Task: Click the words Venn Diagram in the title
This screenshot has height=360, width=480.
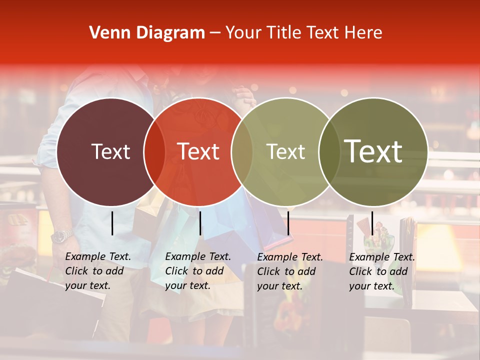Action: coord(147,33)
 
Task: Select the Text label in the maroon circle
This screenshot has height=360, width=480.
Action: coord(110,151)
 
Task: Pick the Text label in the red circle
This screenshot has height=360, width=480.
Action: coord(198,151)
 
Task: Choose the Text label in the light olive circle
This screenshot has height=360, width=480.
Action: coord(285,151)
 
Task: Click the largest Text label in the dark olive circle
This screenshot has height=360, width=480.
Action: coord(373,151)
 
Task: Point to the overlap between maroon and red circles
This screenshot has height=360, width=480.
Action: coord(154,151)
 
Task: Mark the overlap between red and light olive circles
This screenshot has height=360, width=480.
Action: coord(242,151)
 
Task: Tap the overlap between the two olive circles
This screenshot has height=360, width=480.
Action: coord(329,151)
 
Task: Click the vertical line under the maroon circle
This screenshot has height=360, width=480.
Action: coord(112,223)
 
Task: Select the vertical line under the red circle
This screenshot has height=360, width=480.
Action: coord(200,223)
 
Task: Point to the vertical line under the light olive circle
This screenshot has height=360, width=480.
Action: coord(288,223)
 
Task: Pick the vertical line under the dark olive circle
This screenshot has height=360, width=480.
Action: coord(372,223)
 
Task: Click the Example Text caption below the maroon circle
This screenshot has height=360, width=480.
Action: coord(97,271)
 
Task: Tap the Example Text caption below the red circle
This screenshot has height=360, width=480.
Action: coord(197,271)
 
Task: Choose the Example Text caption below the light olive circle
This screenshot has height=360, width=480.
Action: coord(289,271)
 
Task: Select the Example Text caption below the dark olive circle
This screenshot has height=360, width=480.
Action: coord(381,271)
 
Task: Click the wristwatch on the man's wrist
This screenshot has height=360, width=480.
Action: coord(62,235)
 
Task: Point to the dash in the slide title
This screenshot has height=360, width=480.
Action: coord(215,33)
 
